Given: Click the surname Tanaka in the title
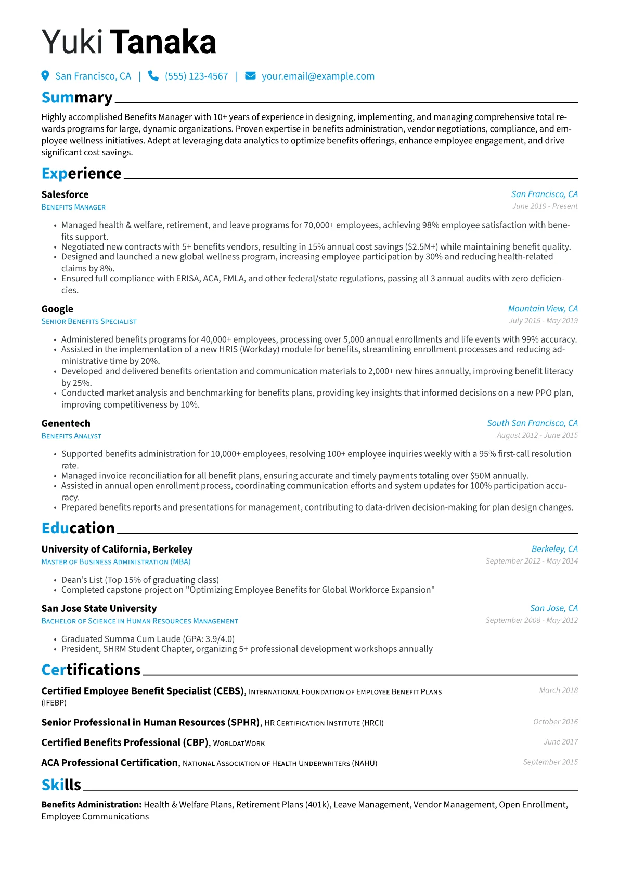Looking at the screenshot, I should coord(163,42).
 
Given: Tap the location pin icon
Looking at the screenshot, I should coord(45,76).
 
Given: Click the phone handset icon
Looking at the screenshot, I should coord(153,76).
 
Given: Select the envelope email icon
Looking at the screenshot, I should coord(250,76).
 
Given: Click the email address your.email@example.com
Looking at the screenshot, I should coord(318,76).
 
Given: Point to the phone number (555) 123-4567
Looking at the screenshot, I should coord(196,76).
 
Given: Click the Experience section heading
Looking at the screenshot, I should coord(81,173).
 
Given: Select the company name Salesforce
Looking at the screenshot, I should coord(65,194).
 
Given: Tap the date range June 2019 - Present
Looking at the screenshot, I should coord(545,206).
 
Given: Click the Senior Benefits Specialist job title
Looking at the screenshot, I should coord(89,322).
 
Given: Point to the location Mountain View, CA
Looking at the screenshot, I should coord(543,309).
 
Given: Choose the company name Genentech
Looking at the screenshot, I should coord(66,423).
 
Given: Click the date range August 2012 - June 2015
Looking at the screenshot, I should coord(537,435).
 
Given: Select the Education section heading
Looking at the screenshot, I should coord(78,528).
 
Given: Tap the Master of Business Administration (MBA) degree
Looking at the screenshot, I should coord(116,562).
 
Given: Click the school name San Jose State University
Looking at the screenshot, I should coord(99,608).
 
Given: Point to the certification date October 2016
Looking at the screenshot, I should coord(555,722).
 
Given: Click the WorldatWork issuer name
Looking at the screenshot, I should coord(239,743).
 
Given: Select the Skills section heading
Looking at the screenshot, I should coord(61,785).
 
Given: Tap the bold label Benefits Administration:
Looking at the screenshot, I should coord(92,805).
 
